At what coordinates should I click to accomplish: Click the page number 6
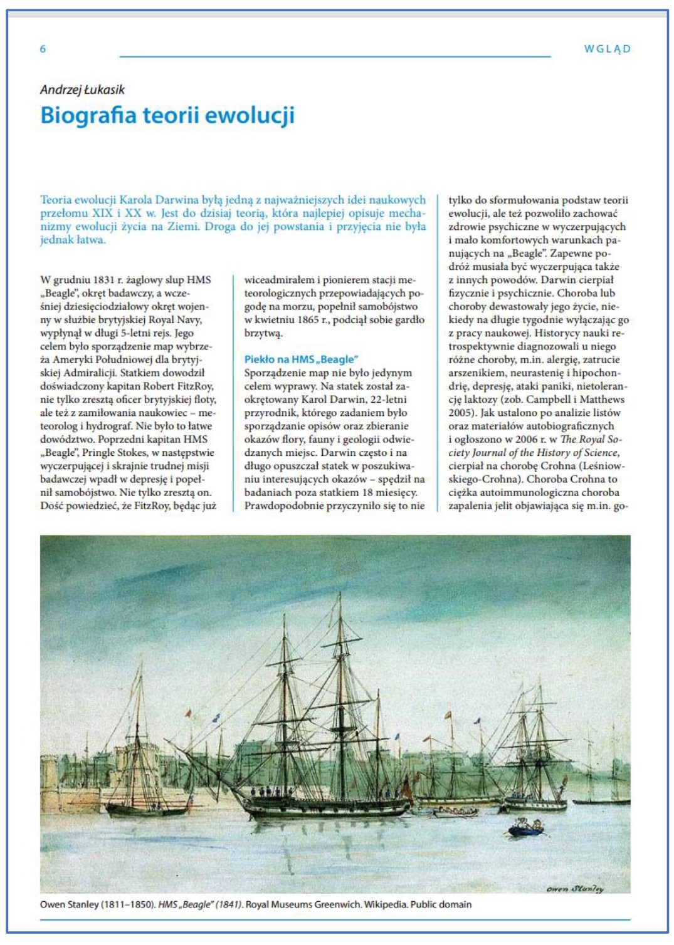point(43,49)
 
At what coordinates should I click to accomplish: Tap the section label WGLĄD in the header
point(607,49)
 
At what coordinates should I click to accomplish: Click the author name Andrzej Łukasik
point(82,90)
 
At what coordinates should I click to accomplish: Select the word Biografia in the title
point(88,116)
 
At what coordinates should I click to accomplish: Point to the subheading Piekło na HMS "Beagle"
point(301,359)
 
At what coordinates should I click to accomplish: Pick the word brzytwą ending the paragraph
point(263,333)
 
